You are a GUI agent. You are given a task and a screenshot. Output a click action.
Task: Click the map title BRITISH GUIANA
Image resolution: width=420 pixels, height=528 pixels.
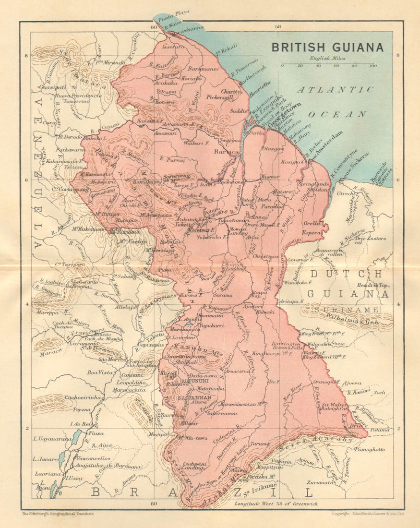point(327,48)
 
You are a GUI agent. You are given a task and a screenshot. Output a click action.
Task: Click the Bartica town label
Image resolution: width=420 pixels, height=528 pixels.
point(226,152)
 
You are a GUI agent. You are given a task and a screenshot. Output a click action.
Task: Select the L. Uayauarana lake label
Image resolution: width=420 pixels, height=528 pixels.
point(52,439)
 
